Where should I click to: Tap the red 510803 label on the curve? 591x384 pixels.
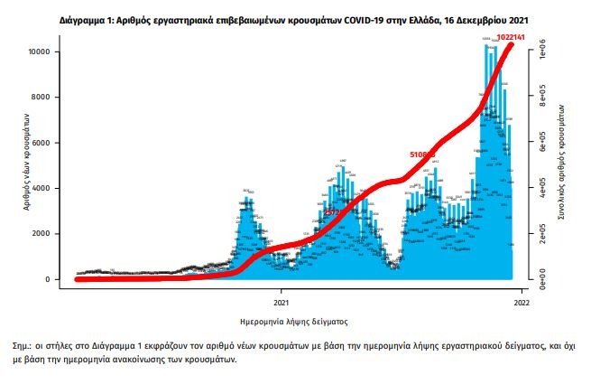pos(423,155)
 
